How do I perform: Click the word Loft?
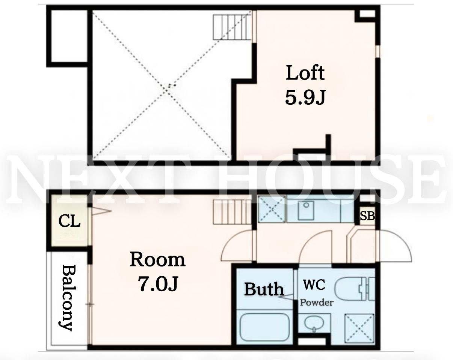(305, 73)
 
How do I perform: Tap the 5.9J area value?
(305, 97)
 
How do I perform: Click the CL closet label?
(69, 221)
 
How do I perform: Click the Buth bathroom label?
(264, 289)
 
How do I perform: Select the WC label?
(314, 285)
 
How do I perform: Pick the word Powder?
(317, 303)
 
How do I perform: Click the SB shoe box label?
(367, 216)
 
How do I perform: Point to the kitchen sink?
(306, 210)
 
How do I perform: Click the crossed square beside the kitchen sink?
(272, 209)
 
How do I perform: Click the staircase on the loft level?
(233, 27)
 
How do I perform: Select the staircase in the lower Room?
(233, 212)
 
